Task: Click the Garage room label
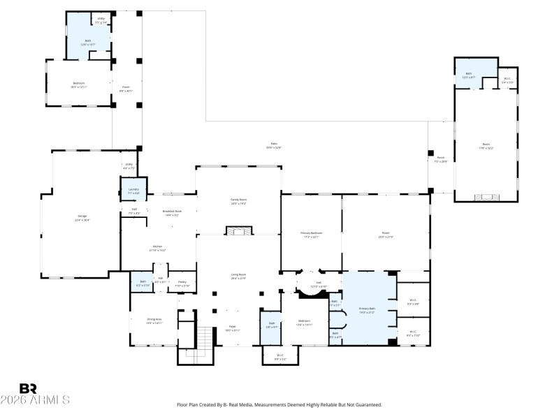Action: point(82,218)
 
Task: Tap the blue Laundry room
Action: point(133,191)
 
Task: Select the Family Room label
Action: point(239,201)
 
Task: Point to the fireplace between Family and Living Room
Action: point(239,230)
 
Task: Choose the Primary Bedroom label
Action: point(311,235)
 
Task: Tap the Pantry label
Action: point(182,284)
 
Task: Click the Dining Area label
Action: point(154,321)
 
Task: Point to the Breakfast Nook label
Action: point(172,213)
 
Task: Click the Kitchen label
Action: point(158,248)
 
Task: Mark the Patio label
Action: point(274,145)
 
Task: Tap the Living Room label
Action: point(239,277)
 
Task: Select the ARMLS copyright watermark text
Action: point(35,400)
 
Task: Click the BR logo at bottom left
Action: point(28,388)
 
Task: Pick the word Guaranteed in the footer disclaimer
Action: point(365,404)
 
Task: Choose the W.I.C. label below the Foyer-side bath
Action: point(279,357)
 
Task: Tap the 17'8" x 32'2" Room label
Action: point(486,147)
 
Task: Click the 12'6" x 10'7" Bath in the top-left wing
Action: point(88,42)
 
